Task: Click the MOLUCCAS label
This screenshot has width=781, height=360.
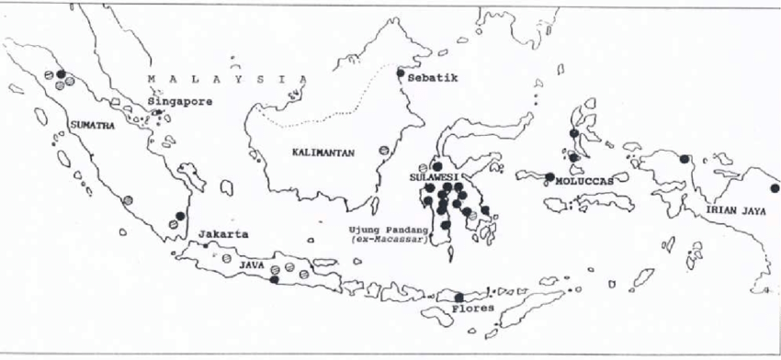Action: point(583,180)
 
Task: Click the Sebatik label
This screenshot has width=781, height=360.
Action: point(431,79)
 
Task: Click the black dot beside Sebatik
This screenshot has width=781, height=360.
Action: point(400,73)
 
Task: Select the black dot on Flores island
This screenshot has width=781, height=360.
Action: point(458,297)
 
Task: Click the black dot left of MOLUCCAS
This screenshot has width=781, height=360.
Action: point(549,177)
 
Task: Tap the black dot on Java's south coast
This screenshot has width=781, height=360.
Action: point(275,280)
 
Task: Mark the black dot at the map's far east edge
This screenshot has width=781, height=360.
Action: point(775,187)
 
